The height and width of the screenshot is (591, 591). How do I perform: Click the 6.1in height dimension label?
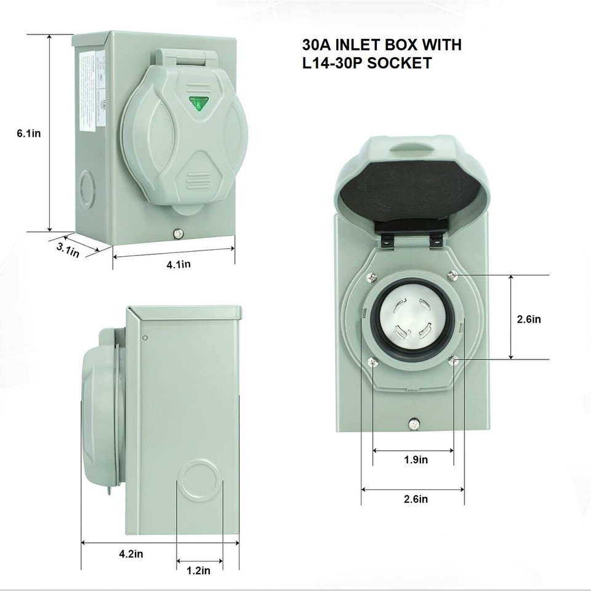point(29,133)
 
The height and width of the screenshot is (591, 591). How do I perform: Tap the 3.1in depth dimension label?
point(67,250)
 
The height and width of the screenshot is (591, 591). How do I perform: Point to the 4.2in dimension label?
point(131,553)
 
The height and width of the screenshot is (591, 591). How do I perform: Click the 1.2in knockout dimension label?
point(198,570)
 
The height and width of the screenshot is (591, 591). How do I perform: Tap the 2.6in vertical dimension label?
point(529,319)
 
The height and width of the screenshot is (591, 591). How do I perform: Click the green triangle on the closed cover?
point(198,103)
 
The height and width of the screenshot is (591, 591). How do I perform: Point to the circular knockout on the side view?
point(199,478)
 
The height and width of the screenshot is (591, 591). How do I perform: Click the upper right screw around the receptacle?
point(453,274)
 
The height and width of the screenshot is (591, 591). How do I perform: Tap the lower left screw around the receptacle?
point(371,361)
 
